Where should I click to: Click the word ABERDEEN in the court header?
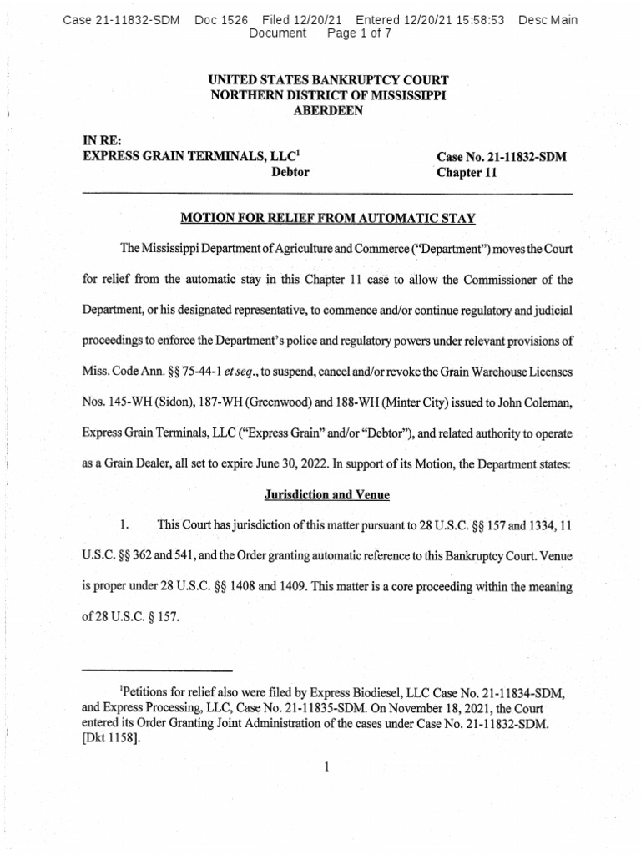(x=328, y=111)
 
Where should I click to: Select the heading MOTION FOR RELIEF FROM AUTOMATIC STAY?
(x=328, y=219)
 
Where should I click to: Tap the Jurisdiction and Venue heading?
(x=328, y=495)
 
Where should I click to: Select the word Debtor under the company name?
(x=290, y=173)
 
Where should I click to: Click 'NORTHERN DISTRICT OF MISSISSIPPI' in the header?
(x=328, y=95)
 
